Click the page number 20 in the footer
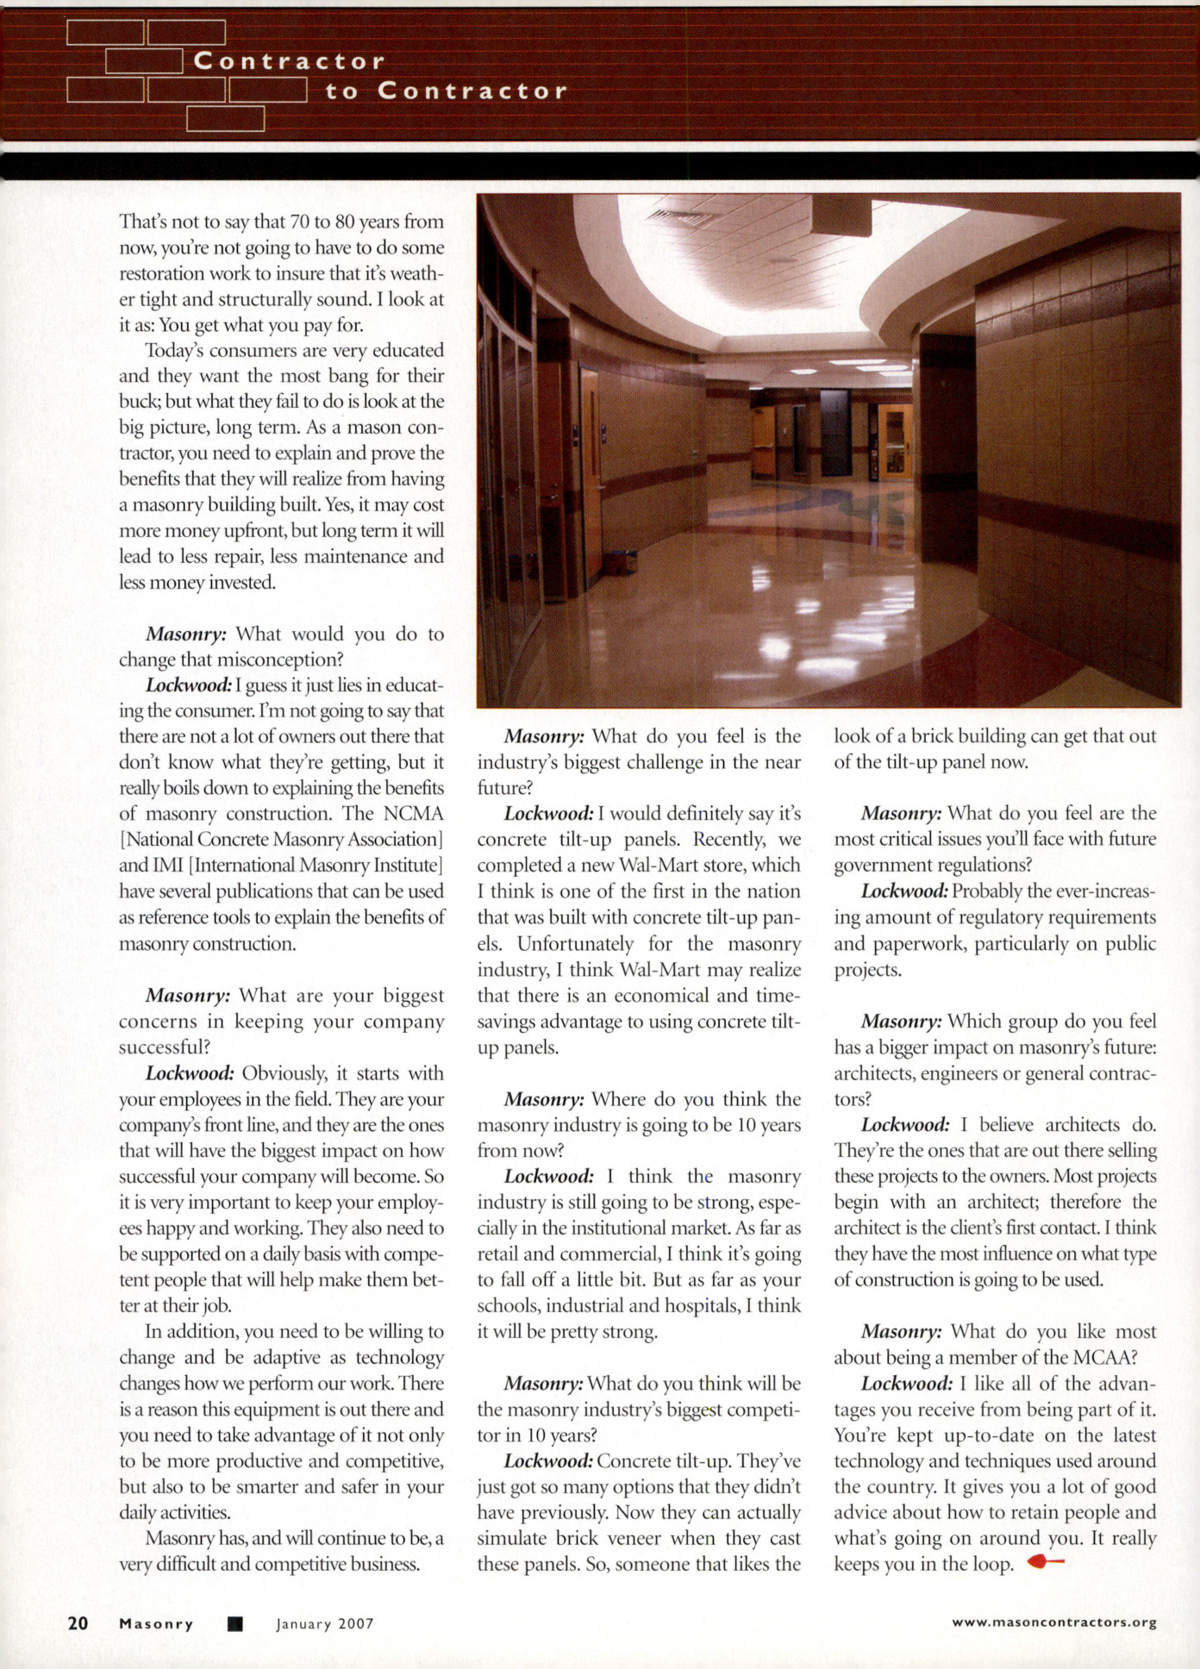(78, 1623)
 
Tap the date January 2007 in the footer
(325, 1624)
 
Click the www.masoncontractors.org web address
(1053, 1622)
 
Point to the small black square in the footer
(234, 1624)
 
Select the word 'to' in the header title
(342, 91)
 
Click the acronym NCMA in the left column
(414, 814)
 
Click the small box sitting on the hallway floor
(620, 564)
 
